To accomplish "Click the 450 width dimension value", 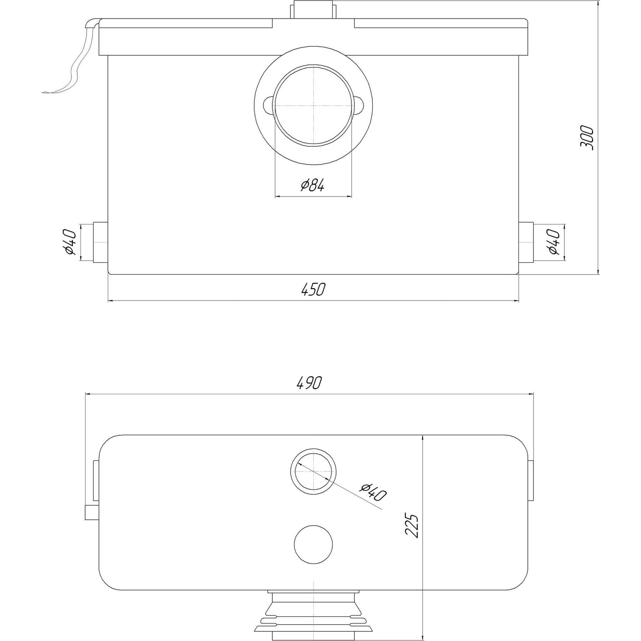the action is click(313, 289).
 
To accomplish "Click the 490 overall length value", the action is click(309, 383).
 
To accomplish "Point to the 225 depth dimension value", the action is click(412, 525).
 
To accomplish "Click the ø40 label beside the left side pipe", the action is click(70, 242).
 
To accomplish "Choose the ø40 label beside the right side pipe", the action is click(554, 242).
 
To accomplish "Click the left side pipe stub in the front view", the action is click(100, 242).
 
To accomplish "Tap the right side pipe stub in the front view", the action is click(526, 242).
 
